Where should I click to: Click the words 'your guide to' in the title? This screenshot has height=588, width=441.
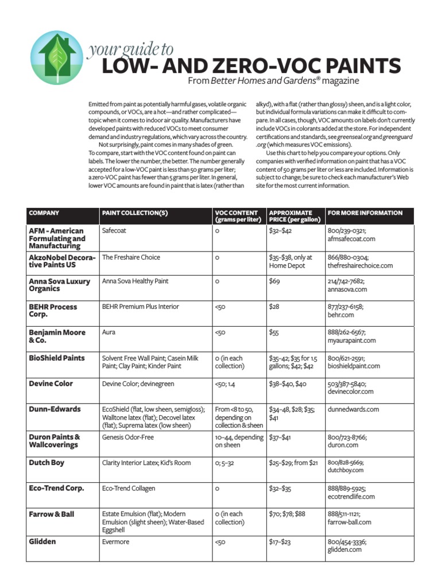(x=130, y=50)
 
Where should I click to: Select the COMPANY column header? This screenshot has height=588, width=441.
(x=44, y=213)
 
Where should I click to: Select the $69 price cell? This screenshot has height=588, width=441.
(x=274, y=282)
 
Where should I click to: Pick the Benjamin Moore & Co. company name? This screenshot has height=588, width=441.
(x=57, y=336)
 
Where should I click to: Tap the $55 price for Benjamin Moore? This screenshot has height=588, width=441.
(x=274, y=332)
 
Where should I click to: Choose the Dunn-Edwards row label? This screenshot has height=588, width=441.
(x=55, y=409)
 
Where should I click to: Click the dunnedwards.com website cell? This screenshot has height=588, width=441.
(x=353, y=409)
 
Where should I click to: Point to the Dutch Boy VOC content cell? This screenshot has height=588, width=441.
(x=229, y=463)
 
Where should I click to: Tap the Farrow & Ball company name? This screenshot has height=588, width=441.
(x=52, y=514)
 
